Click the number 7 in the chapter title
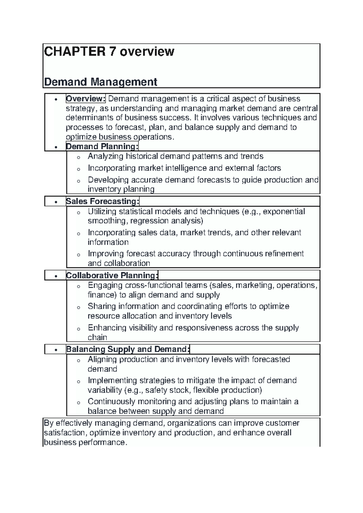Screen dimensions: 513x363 point(112,51)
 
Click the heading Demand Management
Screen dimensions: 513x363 point(101,82)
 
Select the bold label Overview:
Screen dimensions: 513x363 point(86,99)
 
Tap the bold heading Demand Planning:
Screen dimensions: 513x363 point(102,147)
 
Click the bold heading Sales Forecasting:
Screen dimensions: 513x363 point(103,201)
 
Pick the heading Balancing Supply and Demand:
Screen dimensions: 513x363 point(128,349)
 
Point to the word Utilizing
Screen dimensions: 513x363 point(101,211)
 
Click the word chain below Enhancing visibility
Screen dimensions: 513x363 point(97,338)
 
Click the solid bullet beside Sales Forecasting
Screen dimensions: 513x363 point(55,202)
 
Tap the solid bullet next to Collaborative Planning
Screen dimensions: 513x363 point(55,276)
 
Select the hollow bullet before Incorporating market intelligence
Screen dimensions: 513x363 point(78,169)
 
